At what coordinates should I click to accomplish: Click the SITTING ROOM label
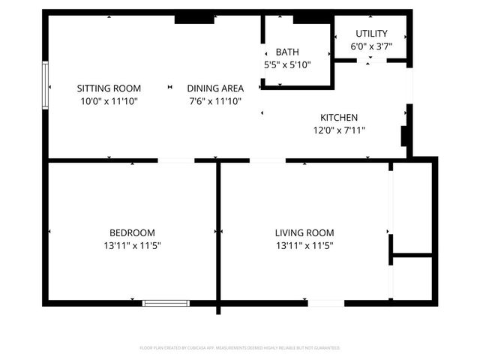[x=109, y=88]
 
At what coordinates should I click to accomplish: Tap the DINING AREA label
[x=215, y=88]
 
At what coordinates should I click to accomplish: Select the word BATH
[x=287, y=52]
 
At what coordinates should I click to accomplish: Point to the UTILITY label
[x=371, y=34]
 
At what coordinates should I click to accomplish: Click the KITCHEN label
[x=339, y=118]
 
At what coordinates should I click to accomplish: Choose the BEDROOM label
[x=132, y=232]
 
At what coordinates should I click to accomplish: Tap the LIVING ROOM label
[x=304, y=232]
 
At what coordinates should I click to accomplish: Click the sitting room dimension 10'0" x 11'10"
[x=109, y=100]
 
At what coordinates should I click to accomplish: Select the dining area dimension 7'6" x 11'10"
[x=215, y=100]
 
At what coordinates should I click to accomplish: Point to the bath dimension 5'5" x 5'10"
[x=287, y=64]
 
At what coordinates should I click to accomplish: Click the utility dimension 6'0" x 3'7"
[x=371, y=46]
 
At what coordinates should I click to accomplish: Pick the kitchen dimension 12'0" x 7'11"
[x=339, y=130]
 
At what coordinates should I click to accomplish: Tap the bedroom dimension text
[x=132, y=245]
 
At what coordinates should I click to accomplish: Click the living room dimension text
[x=304, y=245]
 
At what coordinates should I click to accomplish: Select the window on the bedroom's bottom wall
[x=166, y=303]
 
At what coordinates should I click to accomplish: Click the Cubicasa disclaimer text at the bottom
[x=240, y=348]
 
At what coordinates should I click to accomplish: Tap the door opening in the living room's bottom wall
[x=326, y=303]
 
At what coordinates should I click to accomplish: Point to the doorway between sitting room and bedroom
[x=176, y=160]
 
